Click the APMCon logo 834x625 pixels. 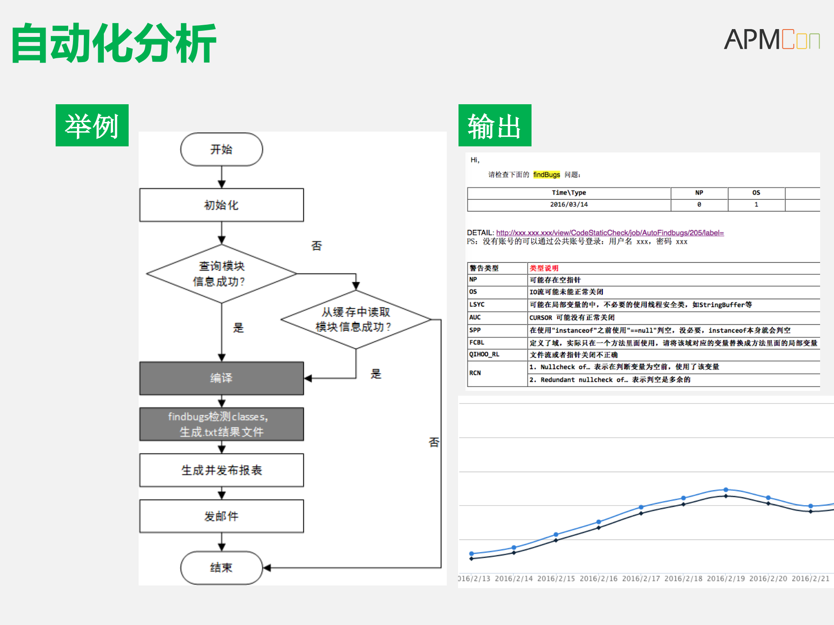coord(771,40)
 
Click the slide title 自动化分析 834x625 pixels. coord(114,43)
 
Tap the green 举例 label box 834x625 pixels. coord(92,126)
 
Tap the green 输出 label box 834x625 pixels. coord(495,126)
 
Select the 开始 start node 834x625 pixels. coord(221,149)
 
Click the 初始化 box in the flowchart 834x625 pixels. coord(221,205)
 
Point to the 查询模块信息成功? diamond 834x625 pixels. coord(221,274)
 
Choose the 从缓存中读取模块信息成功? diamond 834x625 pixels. coord(356,319)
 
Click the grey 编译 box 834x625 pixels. coord(221,378)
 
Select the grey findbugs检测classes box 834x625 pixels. coord(221,424)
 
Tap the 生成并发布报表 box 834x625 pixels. coord(221,470)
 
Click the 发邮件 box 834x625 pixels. coord(221,516)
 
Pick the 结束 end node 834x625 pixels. coord(221,568)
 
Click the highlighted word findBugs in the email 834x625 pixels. coord(546,175)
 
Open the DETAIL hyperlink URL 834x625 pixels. coord(610,233)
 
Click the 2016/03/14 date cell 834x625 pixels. coord(568,205)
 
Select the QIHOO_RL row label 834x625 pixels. coord(484,354)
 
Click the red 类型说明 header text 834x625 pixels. coord(544,268)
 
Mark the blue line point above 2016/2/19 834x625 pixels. coord(725,489)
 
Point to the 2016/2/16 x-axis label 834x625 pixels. coord(598,579)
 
